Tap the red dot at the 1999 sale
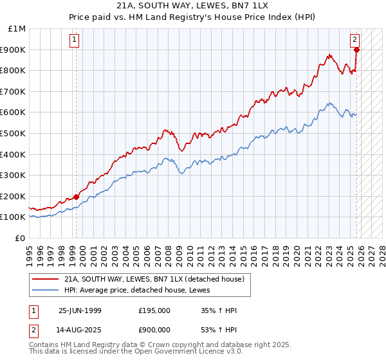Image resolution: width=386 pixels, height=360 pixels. [77, 197]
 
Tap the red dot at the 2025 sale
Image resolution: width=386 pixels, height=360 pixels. [356, 50]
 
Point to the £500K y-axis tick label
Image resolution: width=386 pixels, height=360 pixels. [13, 133]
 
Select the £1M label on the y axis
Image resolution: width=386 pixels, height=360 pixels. [15, 28]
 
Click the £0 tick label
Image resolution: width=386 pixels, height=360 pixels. [20, 238]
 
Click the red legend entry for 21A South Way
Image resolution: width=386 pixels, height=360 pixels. [154, 279]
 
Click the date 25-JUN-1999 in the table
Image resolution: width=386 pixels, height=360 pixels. [80, 310]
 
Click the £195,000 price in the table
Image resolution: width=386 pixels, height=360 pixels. [154, 310]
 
